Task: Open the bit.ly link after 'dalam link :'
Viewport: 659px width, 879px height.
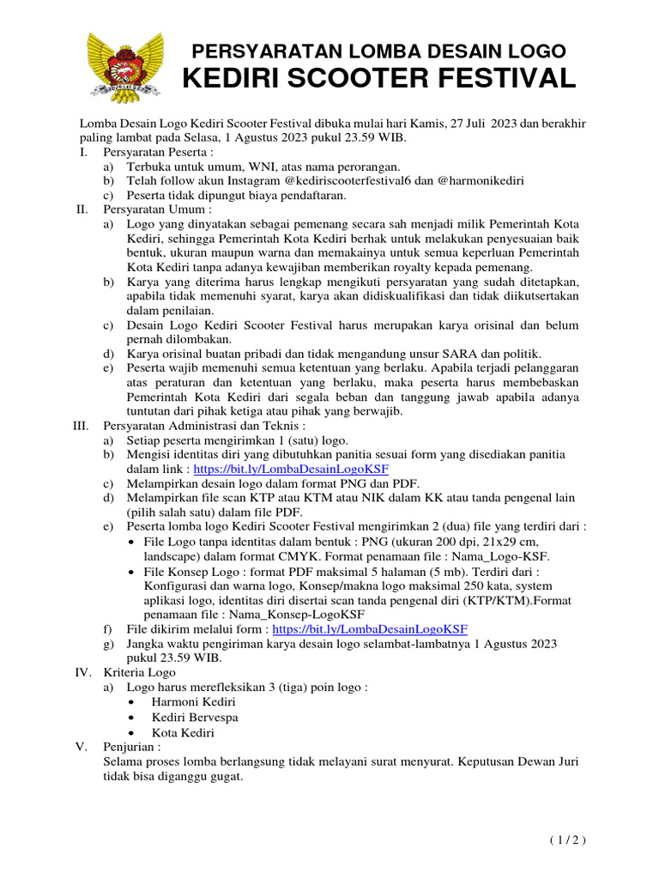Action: click(x=291, y=470)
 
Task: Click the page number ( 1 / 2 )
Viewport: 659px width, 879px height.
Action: click(x=568, y=840)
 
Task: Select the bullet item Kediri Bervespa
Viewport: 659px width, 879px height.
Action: click(x=195, y=718)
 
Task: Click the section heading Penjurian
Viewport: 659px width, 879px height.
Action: click(x=131, y=746)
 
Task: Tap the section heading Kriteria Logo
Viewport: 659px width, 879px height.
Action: click(x=139, y=672)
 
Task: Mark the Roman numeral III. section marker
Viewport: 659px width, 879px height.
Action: click(x=81, y=425)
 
